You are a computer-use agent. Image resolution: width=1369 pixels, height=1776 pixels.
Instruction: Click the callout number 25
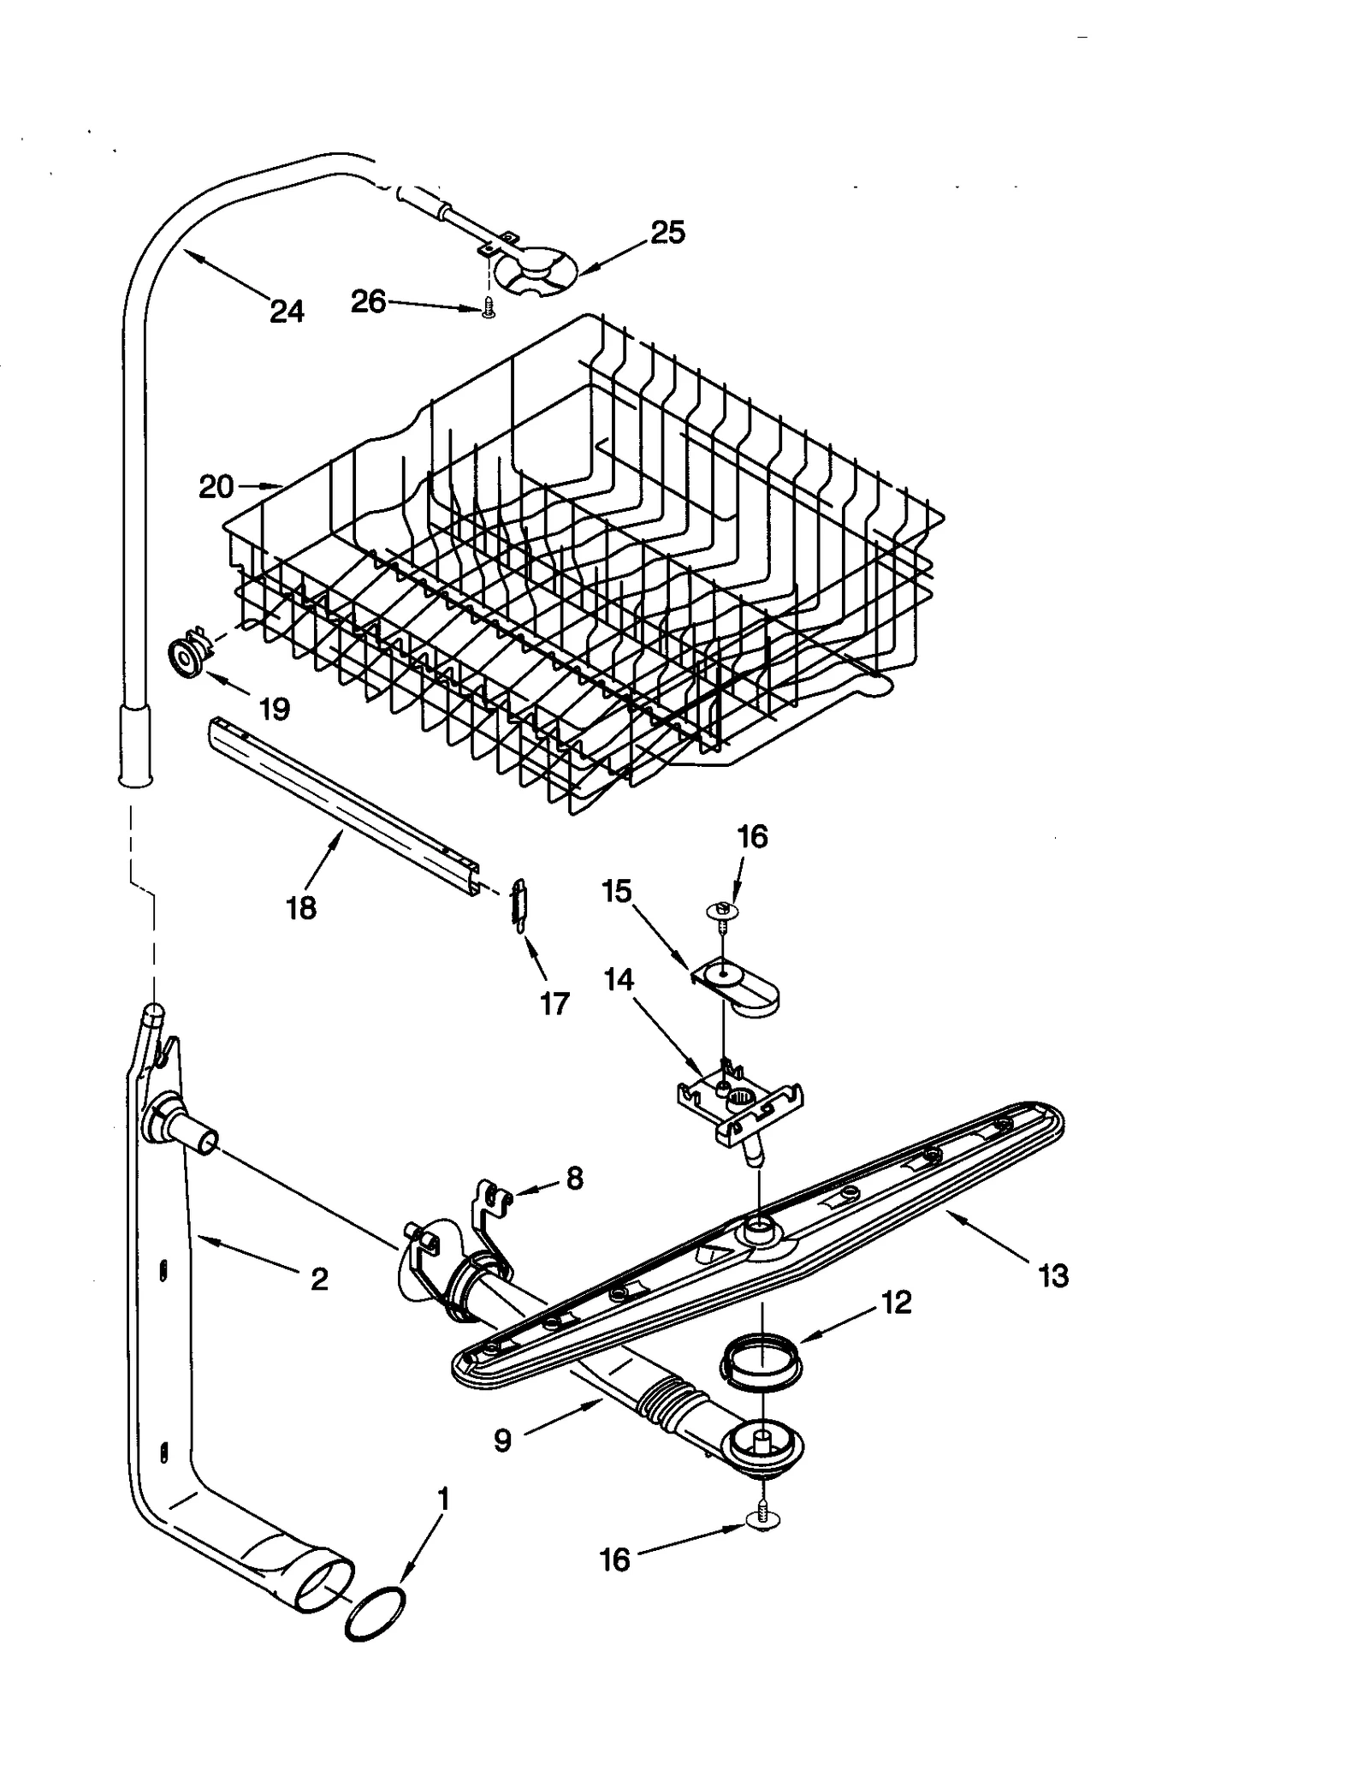tap(667, 232)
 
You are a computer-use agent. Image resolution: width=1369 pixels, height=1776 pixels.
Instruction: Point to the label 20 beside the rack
tap(216, 487)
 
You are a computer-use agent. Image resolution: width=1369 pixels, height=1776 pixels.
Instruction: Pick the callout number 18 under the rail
tap(300, 907)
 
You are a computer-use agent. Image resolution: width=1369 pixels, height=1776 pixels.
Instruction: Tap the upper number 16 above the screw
tap(752, 836)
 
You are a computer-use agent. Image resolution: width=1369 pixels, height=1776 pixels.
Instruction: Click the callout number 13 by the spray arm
tap(1053, 1276)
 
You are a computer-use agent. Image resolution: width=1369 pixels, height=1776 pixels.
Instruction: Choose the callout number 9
tap(502, 1440)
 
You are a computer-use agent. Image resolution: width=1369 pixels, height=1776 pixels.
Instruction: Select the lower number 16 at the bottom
tap(615, 1560)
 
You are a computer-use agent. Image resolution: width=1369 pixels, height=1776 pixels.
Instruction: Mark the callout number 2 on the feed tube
tap(319, 1279)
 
